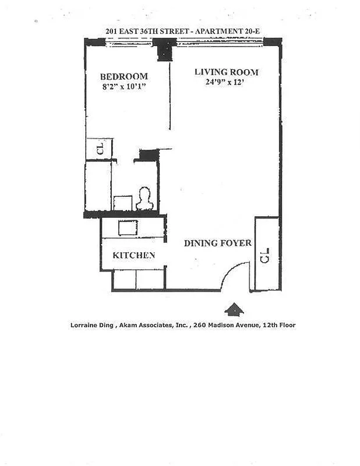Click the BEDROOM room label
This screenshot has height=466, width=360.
click(123, 76)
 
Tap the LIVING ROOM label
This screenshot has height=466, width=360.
click(226, 72)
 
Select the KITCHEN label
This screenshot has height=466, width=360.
click(133, 255)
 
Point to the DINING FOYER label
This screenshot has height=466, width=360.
click(218, 243)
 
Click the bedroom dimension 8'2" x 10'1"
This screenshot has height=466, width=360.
click(123, 87)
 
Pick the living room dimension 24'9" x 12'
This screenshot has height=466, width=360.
click(226, 83)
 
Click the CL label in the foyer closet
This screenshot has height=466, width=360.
click(265, 255)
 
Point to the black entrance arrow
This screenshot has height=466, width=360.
click(234, 309)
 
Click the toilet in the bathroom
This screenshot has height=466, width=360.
click(144, 199)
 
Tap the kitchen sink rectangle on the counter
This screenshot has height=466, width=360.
click(128, 228)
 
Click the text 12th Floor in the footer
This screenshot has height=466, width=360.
click(277, 325)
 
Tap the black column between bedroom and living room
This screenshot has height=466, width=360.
click(166, 49)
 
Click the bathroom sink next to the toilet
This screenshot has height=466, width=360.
click(123, 203)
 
